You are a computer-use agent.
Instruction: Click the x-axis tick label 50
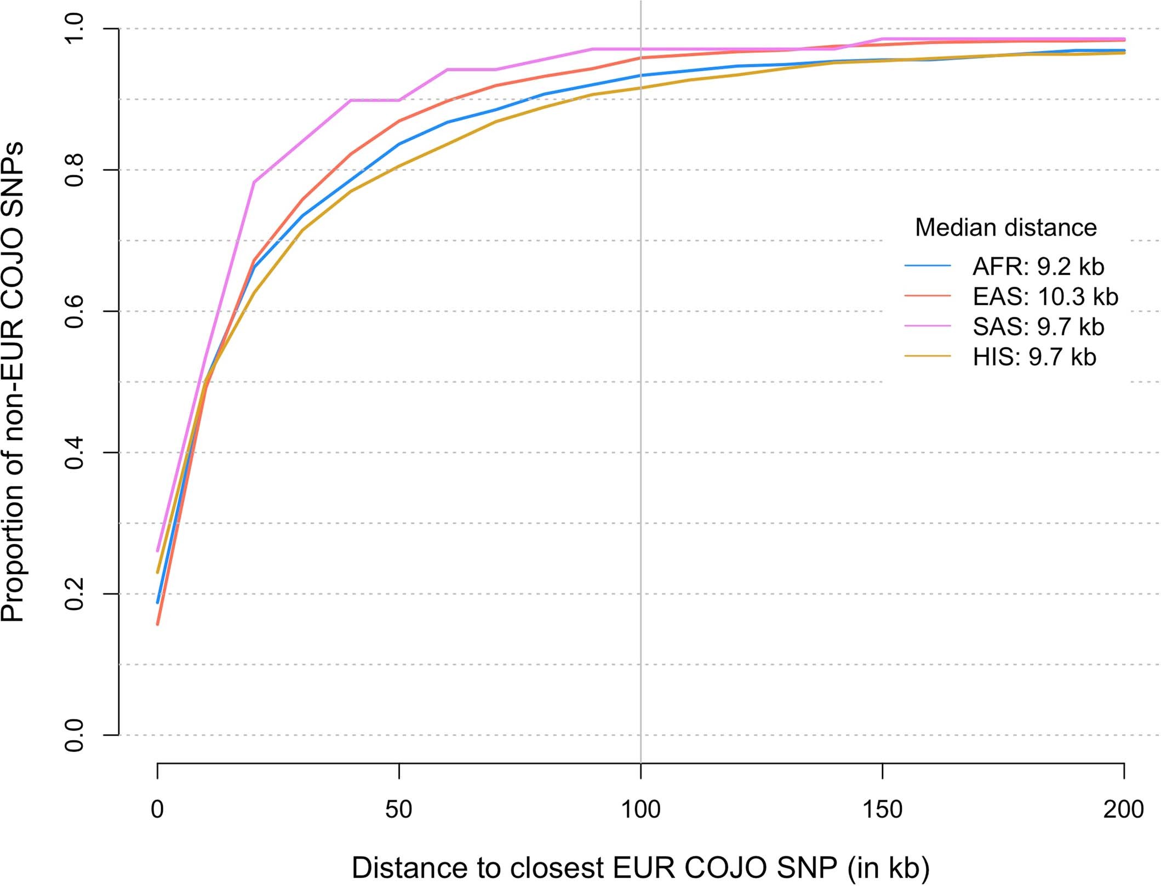(398, 810)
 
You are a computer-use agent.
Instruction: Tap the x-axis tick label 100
(640, 810)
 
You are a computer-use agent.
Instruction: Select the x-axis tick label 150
(882, 810)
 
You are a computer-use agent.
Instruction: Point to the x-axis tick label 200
(1124, 810)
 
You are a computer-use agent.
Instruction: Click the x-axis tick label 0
(157, 810)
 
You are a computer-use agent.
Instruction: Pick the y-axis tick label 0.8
(74, 170)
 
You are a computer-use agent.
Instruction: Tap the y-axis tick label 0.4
(74, 453)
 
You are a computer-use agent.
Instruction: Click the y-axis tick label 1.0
(74, 28)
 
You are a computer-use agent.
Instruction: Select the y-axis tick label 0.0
(74, 735)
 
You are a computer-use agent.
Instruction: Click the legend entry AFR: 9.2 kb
(1038, 267)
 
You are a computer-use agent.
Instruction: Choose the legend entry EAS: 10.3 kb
(1045, 297)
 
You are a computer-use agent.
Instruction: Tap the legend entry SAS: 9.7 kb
(1038, 327)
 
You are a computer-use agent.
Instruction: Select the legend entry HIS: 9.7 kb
(1034, 357)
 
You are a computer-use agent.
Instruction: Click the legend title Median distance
(1005, 227)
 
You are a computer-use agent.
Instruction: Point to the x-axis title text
(640, 867)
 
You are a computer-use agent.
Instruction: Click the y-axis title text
(13, 382)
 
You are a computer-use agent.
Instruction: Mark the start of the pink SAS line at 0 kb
(158, 550)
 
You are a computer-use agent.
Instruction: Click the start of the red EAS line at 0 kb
(158, 624)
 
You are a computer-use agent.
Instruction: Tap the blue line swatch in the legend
(928, 266)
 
